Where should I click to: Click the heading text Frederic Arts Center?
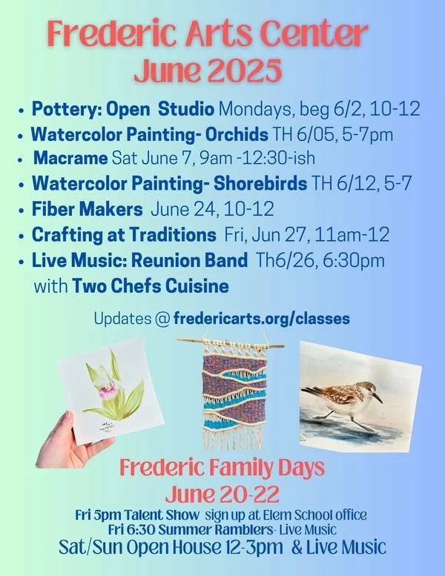pos(208,34)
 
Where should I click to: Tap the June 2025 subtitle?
pos(208,70)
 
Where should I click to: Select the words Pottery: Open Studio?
pos(122,110)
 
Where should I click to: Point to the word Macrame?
pos(71,159)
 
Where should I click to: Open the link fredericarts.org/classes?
pos(262,318)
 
